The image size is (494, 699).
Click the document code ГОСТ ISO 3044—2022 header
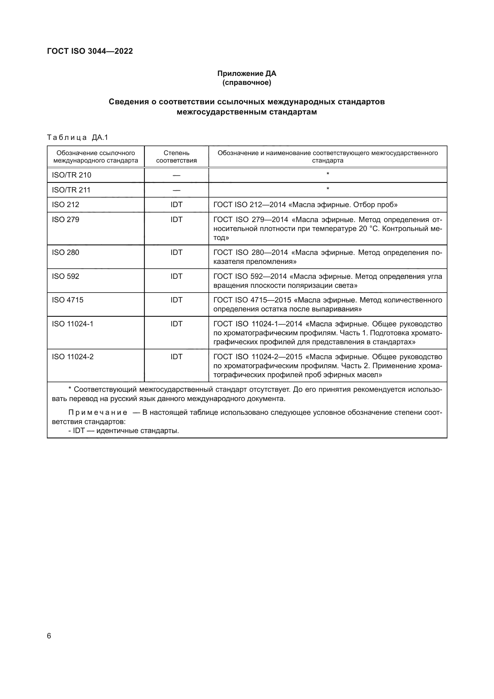(90, 51)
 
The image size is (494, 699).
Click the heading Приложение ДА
(246, 74)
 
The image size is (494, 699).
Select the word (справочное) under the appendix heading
(246, 82)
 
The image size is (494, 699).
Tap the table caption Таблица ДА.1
(78, 137)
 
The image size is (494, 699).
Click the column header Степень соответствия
(177, 157)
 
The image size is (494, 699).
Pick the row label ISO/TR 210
(71, 175)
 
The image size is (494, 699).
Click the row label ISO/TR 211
(71, 190)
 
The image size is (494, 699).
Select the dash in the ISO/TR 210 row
(177, 175)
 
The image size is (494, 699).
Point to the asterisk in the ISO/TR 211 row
(328, 189)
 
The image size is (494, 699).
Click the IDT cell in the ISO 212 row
(177, 205)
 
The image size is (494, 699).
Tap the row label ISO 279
(65, 220)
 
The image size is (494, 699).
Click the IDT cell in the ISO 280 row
(177, 253)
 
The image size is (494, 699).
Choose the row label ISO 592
(65, 276)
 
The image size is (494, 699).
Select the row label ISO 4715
(67, 300)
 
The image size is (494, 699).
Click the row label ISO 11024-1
(72, 324)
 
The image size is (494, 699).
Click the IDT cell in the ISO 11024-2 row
(177, 357)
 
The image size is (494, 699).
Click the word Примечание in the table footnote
(98, 412)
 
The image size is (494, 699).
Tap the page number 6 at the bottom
(49, 636)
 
